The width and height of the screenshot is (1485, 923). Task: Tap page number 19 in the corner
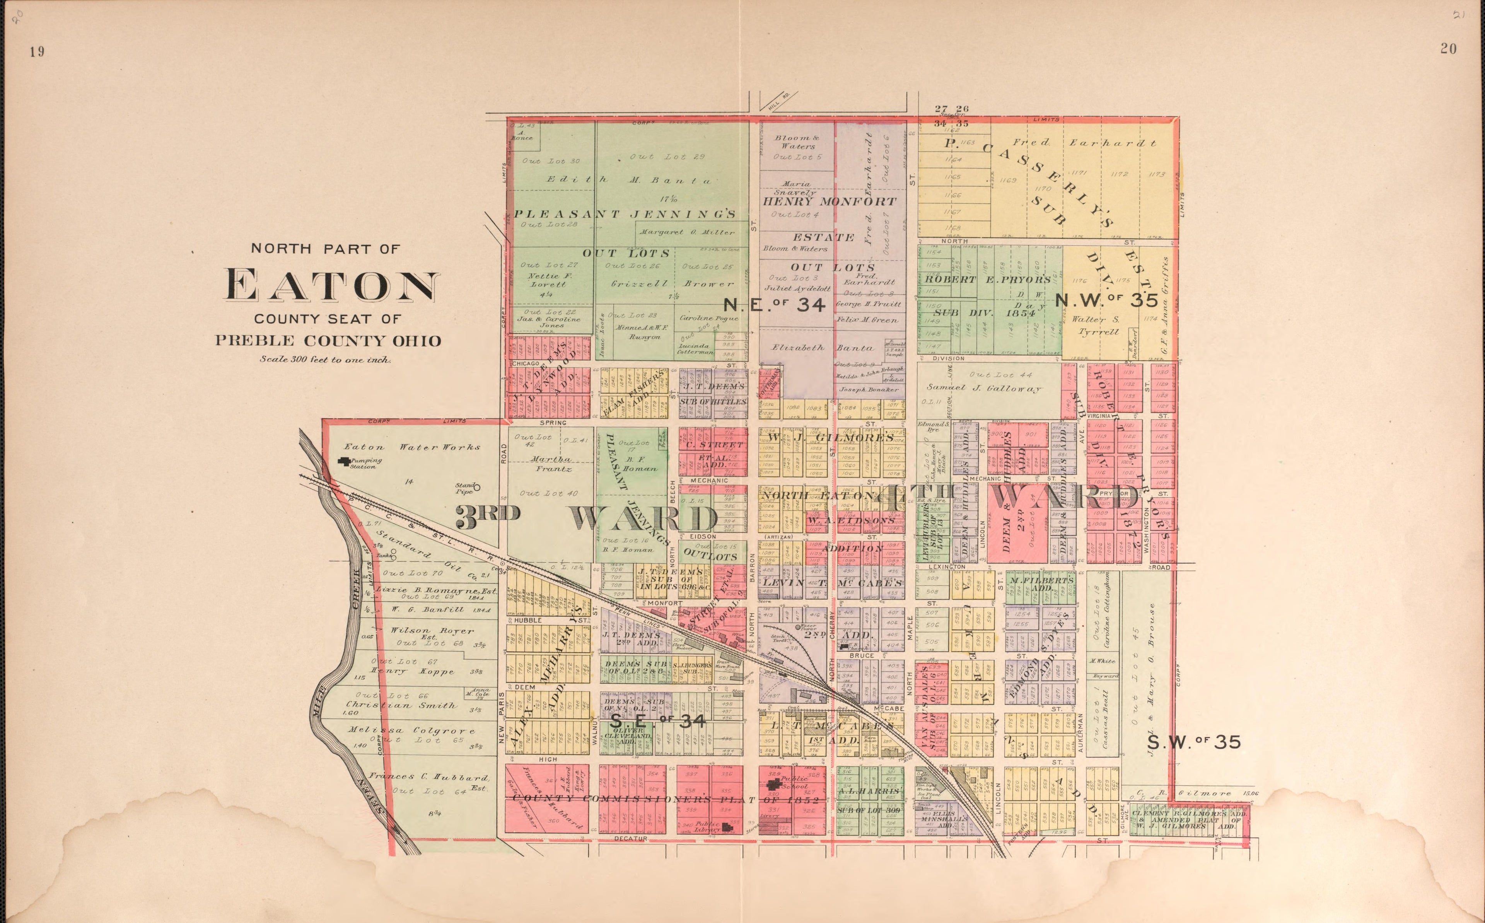[x=37, y=52]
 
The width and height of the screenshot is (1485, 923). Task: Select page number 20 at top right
[x=1448, y=49]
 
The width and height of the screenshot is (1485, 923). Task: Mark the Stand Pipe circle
[x=477, y=487]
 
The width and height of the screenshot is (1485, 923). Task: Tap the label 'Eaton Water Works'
[x=412, y=447]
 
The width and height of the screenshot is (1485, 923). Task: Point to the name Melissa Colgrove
[x=411, y=730]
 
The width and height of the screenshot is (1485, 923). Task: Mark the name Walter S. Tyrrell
[x=1098, y=325]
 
